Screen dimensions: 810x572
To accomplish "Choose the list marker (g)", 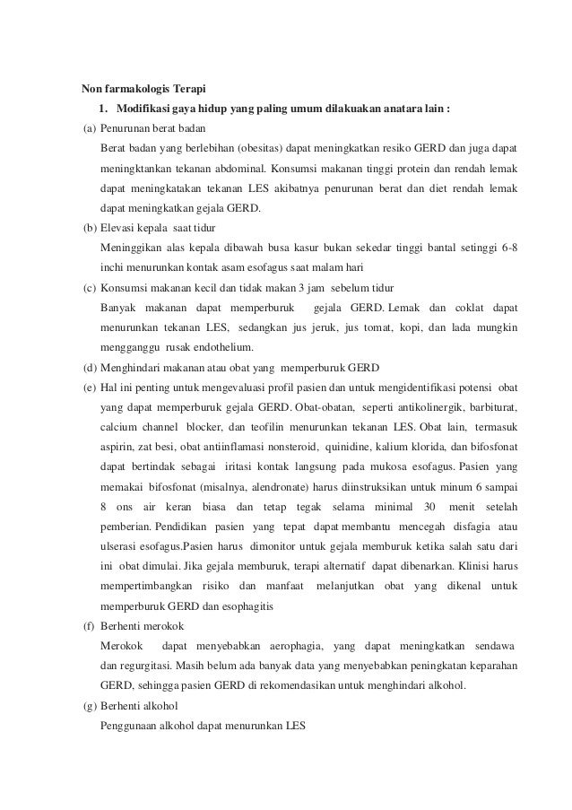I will (89, 707).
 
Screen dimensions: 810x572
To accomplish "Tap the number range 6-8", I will (506, 248).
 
